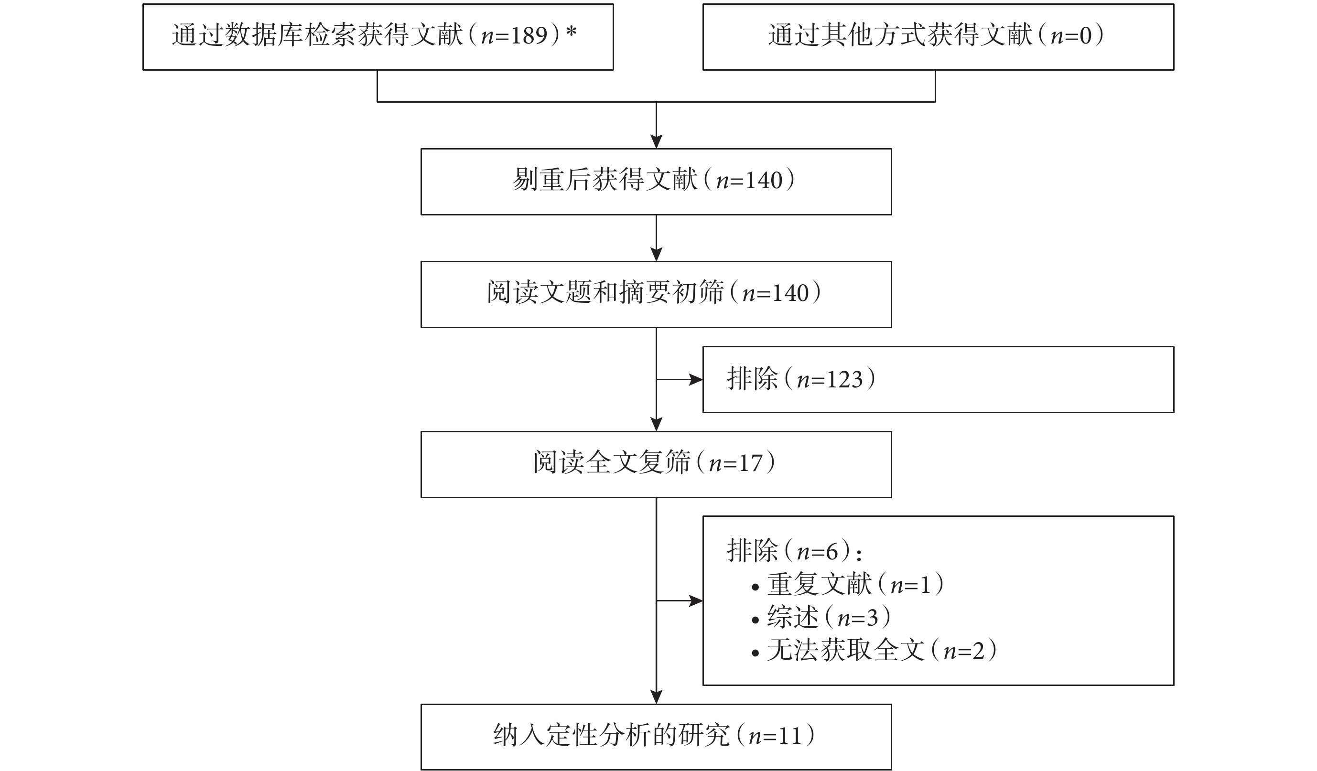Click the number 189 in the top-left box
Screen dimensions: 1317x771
tap(529, 35)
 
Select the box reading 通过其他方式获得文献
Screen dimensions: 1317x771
tap(938, 37)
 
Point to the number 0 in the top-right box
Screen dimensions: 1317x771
tap(1086, 35)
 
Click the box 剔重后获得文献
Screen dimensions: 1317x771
tap(656, 182)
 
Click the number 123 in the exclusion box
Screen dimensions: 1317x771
tap(844, 379)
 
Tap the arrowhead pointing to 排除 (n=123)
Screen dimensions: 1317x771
tap(696, 380)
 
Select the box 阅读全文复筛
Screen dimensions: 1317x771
tap(656, 464)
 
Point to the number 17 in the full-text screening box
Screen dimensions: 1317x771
tap(750, 463)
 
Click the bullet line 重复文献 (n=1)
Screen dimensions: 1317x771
tap(847, 584)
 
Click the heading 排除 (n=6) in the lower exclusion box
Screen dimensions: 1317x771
tap(794, 551)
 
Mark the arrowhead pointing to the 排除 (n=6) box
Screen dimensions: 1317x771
tap(696, 601)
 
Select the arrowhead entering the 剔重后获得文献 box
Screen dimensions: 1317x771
tap(657, 141)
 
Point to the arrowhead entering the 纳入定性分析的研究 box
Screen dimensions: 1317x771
tap(657, 697)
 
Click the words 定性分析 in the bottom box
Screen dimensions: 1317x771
tap(572, 736)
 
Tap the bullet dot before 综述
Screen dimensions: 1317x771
tap(755, 620)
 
